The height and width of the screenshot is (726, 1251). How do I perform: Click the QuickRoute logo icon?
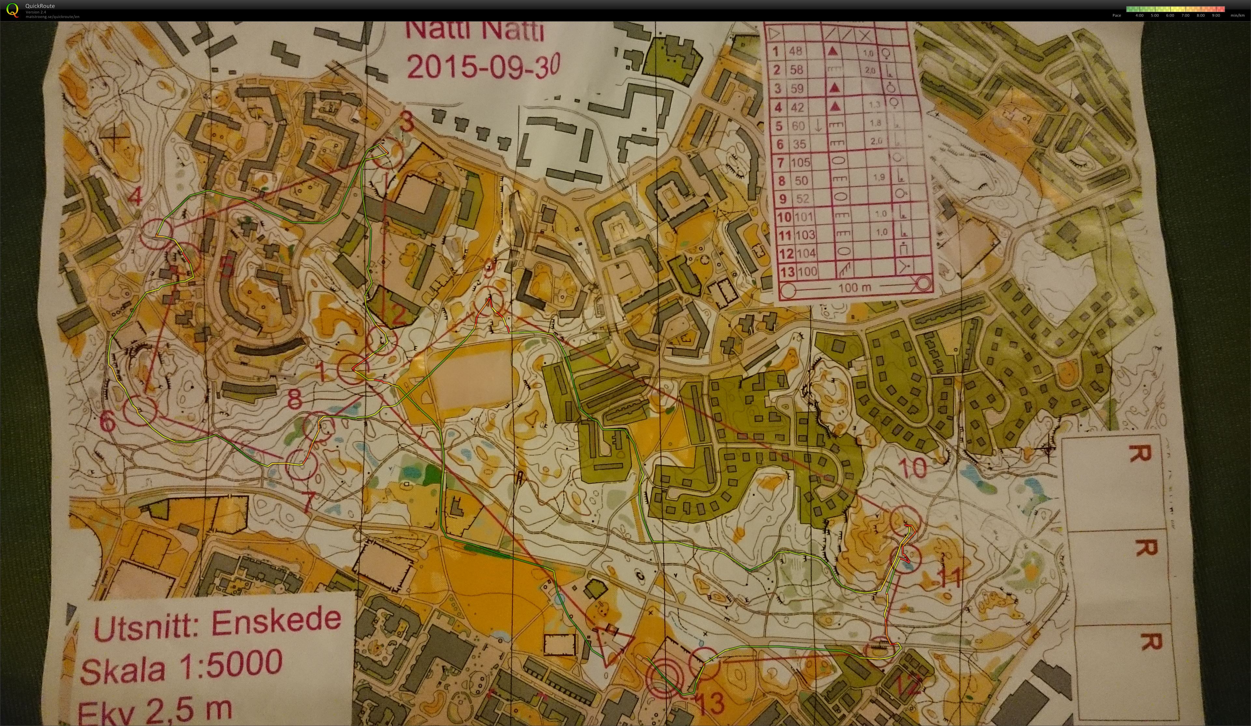click(x=12, y=10)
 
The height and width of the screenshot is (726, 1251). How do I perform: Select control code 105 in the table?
click(x=800, y=162)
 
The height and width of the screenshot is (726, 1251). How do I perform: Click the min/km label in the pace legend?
click(x=1237, y=15)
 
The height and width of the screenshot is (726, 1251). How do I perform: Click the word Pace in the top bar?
click(x=1117, y=15)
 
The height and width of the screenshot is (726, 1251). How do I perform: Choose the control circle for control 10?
click(x=905, y=521)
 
